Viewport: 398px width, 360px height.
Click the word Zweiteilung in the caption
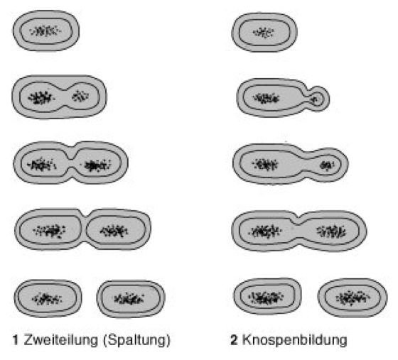(61, 340)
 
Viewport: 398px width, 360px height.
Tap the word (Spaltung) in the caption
(136, 341)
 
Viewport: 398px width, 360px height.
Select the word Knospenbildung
(294, 341)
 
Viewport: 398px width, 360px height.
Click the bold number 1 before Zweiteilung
(15, 340)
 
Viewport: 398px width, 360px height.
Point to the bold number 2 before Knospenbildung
(234, 340)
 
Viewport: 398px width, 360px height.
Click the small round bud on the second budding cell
(318, 99)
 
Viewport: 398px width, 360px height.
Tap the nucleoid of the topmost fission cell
(45, 31)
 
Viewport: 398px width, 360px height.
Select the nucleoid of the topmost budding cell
(264, 33)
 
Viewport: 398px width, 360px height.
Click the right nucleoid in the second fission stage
(80, 96)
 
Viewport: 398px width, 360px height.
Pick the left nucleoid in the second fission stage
(41, 97)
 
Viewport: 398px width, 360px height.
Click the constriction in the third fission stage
(72, 163)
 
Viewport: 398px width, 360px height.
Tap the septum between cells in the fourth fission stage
(84, 229)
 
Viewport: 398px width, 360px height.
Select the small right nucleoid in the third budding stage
(327, 165)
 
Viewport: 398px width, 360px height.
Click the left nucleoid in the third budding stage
(264, 165)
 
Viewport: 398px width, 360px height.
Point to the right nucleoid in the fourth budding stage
(331, 231)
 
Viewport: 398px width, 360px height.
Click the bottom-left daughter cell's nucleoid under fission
(46, 299)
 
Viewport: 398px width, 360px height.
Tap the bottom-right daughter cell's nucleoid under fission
(129, 299)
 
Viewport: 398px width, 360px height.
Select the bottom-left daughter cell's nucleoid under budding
(266, 297)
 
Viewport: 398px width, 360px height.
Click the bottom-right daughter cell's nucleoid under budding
(353, 298)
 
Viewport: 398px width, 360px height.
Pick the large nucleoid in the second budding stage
(266, 98)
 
